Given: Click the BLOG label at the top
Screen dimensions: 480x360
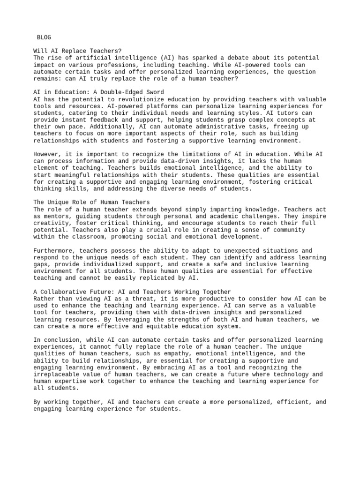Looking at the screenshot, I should pyautogui.click(x=44, y=37).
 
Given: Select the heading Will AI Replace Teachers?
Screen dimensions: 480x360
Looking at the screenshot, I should pyautogui.click(x=77, y=51).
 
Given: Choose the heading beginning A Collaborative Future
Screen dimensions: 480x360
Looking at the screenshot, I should pyautogui.click(x=132, y=292).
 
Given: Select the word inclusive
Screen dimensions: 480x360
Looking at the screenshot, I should pyautogui.click(x=255, y=264).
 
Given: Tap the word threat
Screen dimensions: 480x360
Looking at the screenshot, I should pyautogui.click(x=140, y=299).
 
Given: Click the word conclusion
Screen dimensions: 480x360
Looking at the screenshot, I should pyautogui.click(x=60, y=340).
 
